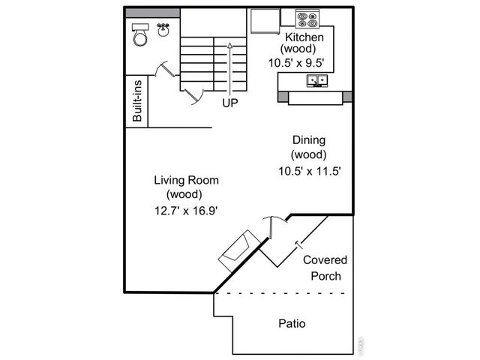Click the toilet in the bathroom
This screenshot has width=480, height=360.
(x=140, y=34)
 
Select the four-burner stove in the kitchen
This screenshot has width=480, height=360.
(x=307, y=18)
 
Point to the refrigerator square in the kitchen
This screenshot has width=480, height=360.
(x=264, y=22)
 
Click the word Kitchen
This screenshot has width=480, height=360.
(x=304, y=37)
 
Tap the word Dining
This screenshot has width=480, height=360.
(x=308, y=139)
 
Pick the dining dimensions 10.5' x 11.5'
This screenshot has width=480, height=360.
(x=309, y=170)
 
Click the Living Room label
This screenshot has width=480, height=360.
(x=186, y=180)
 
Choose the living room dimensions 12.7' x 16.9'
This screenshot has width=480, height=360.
(x=186, y=210)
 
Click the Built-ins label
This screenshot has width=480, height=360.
(x=137, y=103)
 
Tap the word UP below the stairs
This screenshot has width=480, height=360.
(x=229, y=103)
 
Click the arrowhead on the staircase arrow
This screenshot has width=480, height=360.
(x=229, y=45)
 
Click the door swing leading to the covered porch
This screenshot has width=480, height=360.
(x=271, y=223)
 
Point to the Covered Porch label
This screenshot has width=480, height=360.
(x=325, y=268)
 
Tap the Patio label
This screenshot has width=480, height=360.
(x=292, y=324)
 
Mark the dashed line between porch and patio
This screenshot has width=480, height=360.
(x=281, y=293)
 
